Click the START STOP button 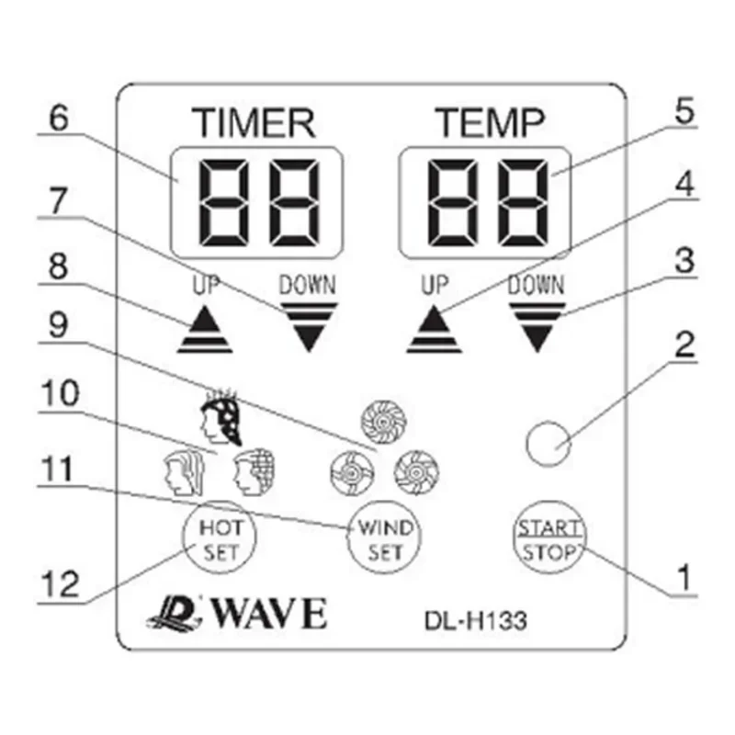pos(548,539)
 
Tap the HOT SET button pos(220,539)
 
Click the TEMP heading pos(489,122)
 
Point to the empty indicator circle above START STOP pos(548,445)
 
